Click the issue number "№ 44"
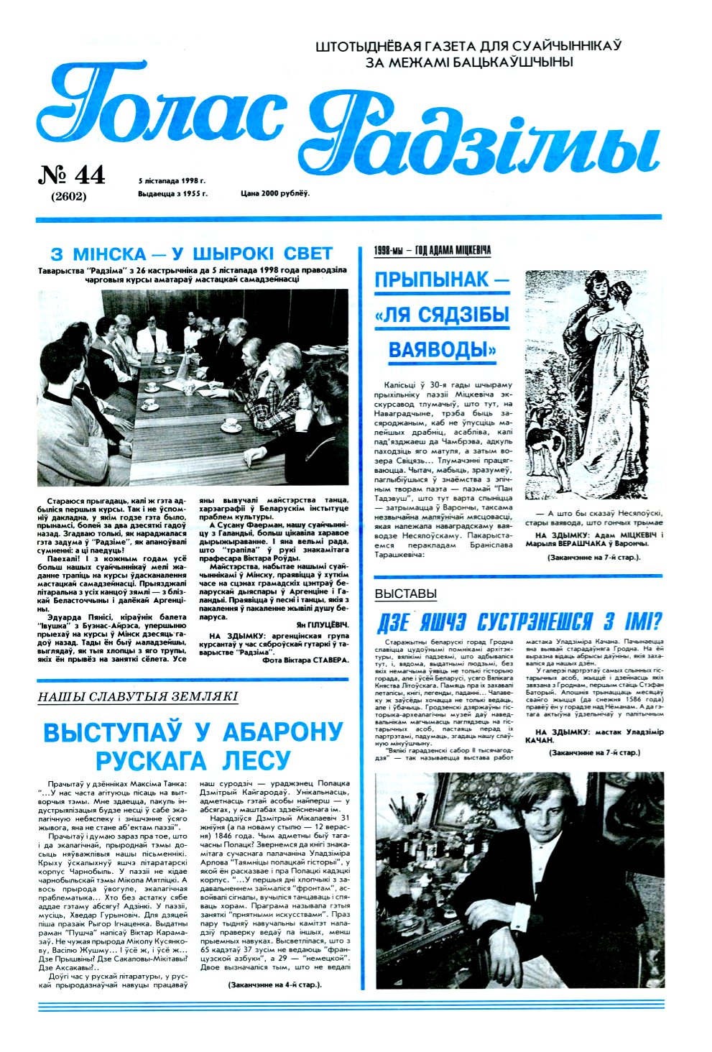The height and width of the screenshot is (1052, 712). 71,175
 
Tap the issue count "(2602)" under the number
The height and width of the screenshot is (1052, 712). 69,196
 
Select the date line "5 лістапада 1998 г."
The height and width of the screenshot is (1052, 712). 172,181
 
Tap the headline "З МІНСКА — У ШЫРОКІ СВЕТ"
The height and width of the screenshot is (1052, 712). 192,254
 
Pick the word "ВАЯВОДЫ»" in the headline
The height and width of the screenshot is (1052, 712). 443,350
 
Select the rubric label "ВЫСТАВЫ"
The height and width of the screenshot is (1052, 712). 405,594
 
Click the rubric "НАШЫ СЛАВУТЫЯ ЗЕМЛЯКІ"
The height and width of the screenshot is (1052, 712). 137,696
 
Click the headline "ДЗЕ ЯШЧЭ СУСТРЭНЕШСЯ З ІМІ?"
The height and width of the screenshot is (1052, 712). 519,622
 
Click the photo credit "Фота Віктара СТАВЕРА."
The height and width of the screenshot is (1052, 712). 305,660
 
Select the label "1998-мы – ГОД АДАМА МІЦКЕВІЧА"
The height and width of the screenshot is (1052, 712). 433,251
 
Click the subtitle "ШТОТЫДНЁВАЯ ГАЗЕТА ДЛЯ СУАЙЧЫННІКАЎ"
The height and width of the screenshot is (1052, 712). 468,46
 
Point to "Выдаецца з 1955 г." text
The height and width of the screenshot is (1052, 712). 172,194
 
